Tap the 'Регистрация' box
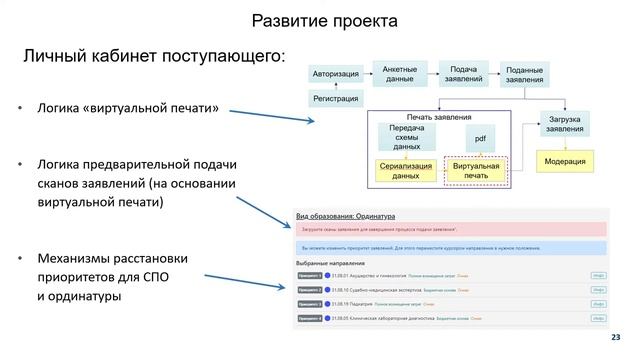click(x=335, y=99)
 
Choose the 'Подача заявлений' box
click(x=462, y=73)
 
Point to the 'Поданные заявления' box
click(x=524, y=74)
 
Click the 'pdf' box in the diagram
click(x=480, y=137)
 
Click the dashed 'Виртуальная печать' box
click(x=476, y=170)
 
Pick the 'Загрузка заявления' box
click(x=565, y=125)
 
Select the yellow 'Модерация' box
click(x=565, y=161)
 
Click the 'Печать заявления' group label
click(x=439, y=116)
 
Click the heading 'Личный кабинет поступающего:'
click(x=154, y=55)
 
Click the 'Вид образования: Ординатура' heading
click(x=346, y=214)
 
